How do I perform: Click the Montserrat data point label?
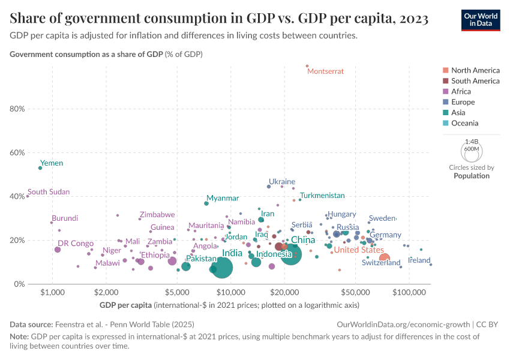pyautogui.click(x=325, y=71)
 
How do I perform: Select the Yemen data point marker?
pyautogui.click(x=40, y=168)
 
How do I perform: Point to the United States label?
pyautogui.click(x=359, y=250)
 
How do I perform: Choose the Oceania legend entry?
pyautogui.click(x=465, y=123)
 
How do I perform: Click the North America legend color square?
pyautogui.click(x=445, y=70)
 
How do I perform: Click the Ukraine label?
pyautogui.click(x=281, y=181)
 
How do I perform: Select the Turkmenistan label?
pyautogui.click(x=322, y=196)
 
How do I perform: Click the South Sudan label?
pyautogui.click(x=49, y=192)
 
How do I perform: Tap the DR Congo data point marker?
pyautogui.click(x=58, y=250)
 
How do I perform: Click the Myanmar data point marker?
pyautogui.click(x=206, y=203)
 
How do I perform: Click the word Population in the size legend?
pyautogui.click(x=472, y=176)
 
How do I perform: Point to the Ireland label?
pyautogui.click(x=419, y=260)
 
